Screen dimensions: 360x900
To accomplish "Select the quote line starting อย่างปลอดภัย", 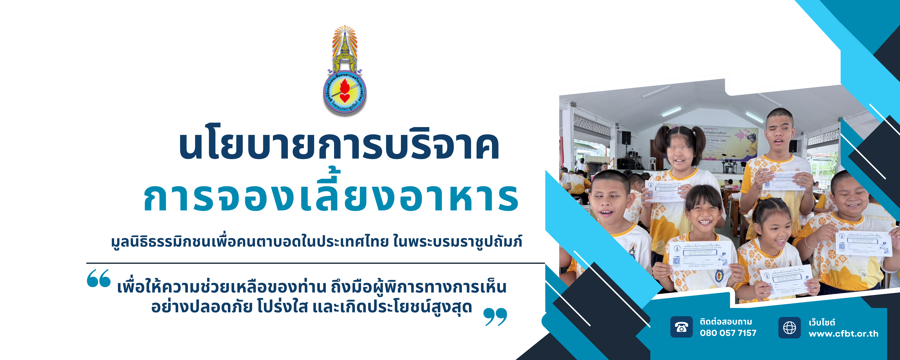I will click(312, 307).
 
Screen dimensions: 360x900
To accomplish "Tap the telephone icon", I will click(681, 327).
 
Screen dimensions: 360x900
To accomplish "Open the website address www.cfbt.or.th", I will click(843, 334).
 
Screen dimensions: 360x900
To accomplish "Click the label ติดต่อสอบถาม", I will click(726, 321).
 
